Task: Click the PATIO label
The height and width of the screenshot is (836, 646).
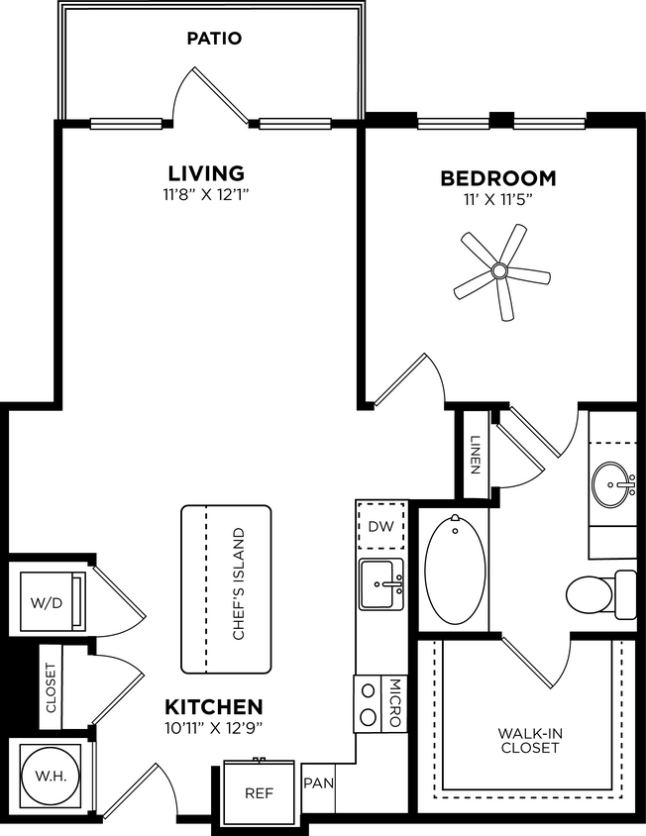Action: pyautogui.click(x=214, y=39)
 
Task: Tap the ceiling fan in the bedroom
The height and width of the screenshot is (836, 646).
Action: pyautogui.click(x=500, y=270)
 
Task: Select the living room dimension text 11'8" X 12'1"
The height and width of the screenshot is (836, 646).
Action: pyautogui.click(x=205, y=195)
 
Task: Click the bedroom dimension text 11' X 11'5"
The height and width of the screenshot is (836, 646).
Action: pyautogui.click(x=498, y=201)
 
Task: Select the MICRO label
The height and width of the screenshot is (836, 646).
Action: pyautogui.click(x=393, y=702)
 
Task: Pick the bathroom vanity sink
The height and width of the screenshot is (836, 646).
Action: pyautogui.click(x=614, y=484)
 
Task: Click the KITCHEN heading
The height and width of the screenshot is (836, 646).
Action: pyautogui.click(x=213, y=707)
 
